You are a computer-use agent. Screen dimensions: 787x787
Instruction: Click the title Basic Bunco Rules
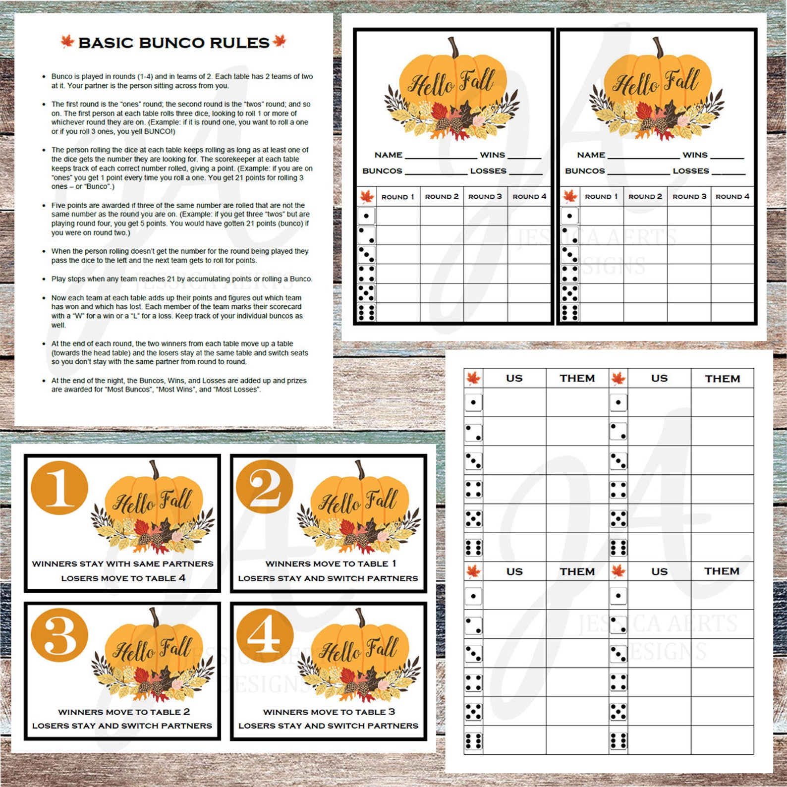pos(174,43)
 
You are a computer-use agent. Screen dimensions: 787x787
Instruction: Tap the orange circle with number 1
pos(59,489)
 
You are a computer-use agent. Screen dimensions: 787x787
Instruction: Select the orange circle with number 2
pos(265,488)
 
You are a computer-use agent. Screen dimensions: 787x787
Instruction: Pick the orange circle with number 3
pos(59,636)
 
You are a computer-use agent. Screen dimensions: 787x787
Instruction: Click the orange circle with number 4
pos(265,636)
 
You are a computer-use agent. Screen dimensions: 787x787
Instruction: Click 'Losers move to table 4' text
pos(123,578)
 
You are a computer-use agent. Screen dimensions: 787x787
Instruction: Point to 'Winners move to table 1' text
pos(331,563)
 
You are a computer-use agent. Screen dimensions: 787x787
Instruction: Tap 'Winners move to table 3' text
pos(329,712)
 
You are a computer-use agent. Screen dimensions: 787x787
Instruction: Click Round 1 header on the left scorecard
pos(397,197)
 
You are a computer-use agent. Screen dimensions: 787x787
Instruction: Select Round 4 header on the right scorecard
pos(732,197)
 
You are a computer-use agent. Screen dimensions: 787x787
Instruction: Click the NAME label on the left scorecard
pos(388,155)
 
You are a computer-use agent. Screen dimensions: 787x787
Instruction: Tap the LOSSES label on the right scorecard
pos(690,171)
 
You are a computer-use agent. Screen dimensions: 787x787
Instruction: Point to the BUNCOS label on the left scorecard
pos(382,171)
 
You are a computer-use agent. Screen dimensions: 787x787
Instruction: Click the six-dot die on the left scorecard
pos(366,312)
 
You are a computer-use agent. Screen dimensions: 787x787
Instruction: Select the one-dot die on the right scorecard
pos(569,216)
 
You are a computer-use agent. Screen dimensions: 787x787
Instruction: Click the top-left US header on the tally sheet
pos(514,378)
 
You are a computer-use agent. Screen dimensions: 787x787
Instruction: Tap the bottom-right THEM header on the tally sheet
pos(722,571)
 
